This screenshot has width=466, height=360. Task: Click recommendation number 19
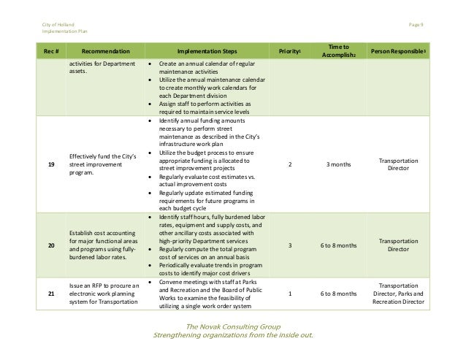pyautogui.click(x=50, y=165)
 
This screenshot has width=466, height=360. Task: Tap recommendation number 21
pyautogui.click(x=50, y=294)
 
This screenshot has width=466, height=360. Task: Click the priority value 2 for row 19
pyautogui.click(x=291, y=165)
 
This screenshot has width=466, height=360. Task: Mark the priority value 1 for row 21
pyautogui.click(x=291, y=294)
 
